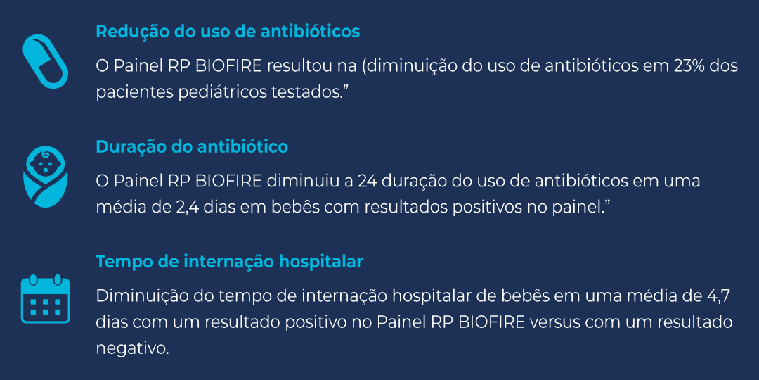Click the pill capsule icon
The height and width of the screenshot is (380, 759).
pyautogui.click(x=46, y=61)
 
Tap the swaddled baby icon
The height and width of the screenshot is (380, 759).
pyautogui.click(x=46, y=177)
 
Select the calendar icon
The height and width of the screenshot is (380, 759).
pyautogui.click(x=46, y=298)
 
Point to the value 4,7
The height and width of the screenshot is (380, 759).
pyautogui.click(x=725, y=296)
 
